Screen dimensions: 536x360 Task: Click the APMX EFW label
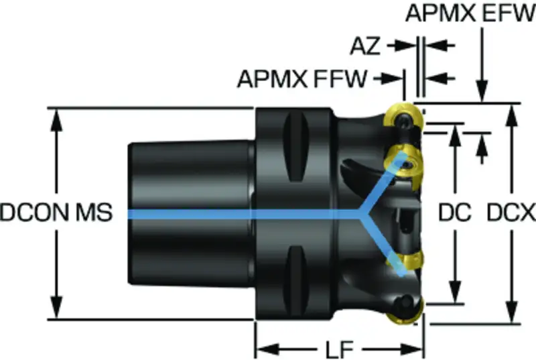coord(470,13)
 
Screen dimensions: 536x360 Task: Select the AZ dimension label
coord(365,46)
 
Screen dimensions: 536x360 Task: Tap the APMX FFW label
coord(302,79)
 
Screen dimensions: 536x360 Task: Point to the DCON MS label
coord(56,213)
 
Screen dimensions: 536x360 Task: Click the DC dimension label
coord(455,213)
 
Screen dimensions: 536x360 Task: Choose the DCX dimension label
coord(511,213)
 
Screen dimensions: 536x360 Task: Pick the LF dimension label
coord(339,350)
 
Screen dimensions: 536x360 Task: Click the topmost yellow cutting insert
coord(403,118)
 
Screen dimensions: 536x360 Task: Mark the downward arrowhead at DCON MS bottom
coord(56,307)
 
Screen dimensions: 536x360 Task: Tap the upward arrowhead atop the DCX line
coord(511,115)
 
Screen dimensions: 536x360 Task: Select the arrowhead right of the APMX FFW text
coord(393,79)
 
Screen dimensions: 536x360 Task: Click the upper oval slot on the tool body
coord(296,147)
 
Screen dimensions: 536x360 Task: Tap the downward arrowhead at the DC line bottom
coord(455,292)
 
